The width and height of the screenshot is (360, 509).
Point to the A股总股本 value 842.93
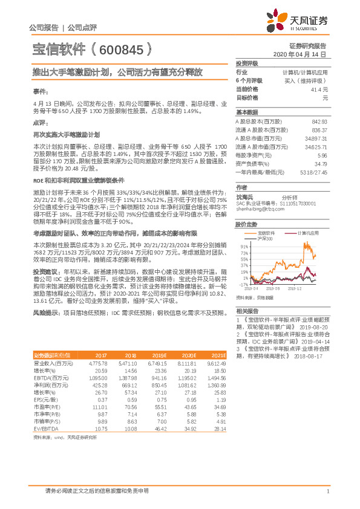(318, 122)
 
